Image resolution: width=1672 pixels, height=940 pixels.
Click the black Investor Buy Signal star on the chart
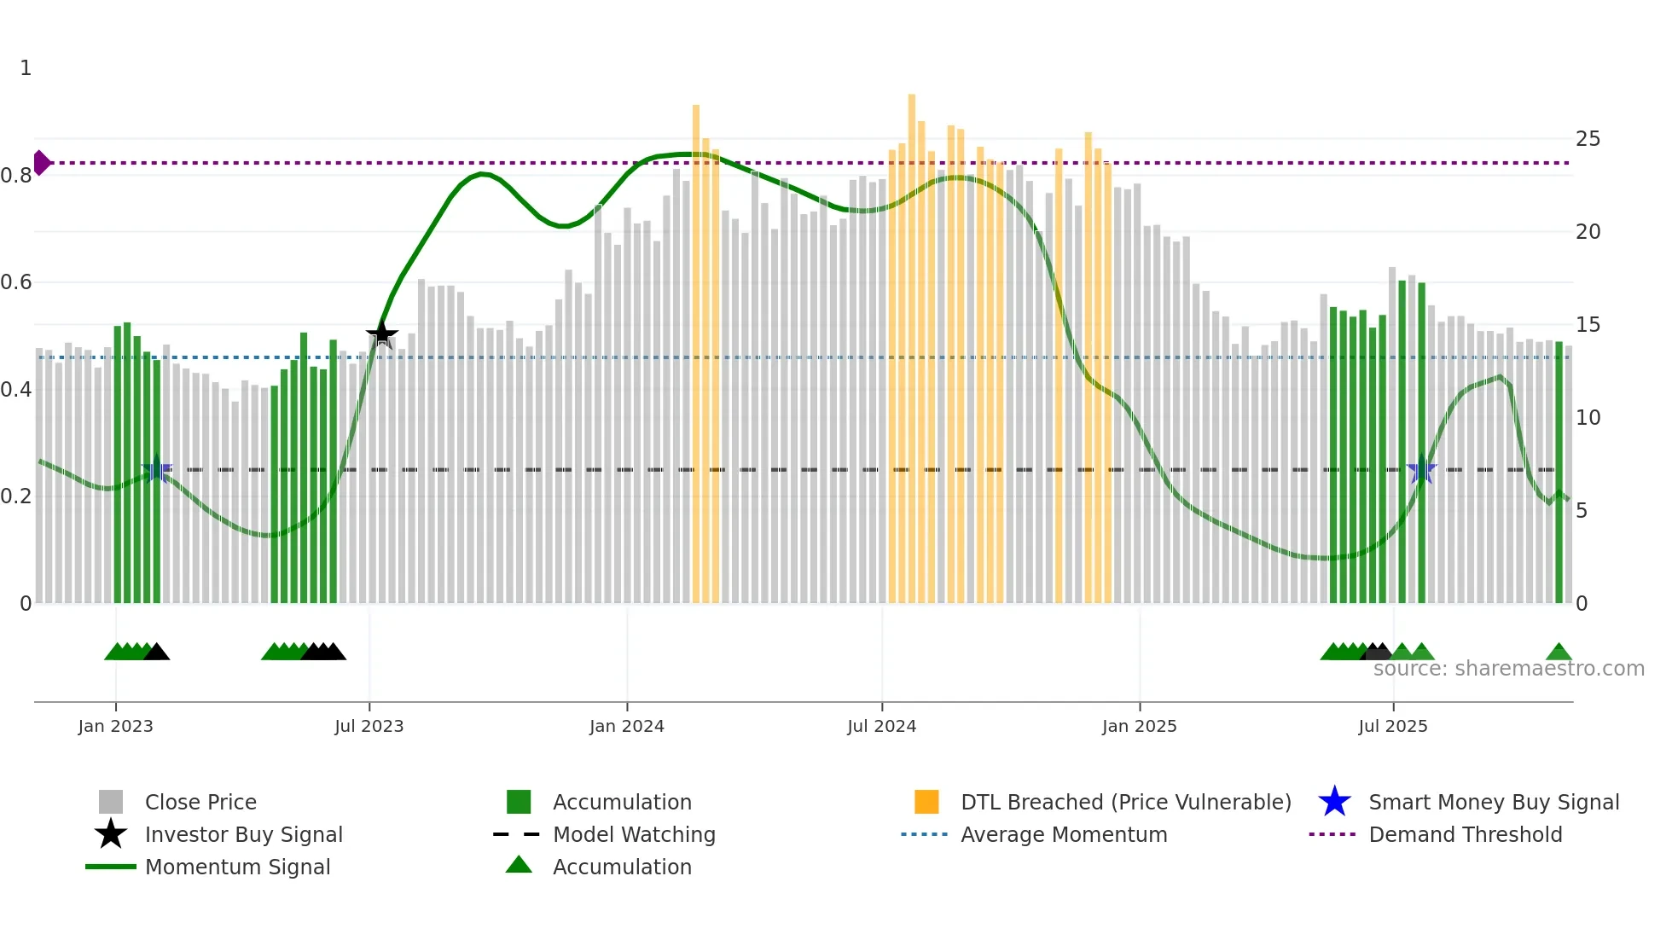coord(382,334)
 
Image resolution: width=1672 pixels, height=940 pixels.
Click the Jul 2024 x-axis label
coord(881,726)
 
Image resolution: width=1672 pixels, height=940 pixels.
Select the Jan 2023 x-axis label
coord(115,726)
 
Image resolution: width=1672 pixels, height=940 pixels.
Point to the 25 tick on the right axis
coord(1588,138)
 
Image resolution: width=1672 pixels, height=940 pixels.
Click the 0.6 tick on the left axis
coord(16,282)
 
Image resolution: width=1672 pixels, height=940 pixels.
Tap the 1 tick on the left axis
coord(26,68)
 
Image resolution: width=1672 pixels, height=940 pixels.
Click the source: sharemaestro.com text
coord(1508,669)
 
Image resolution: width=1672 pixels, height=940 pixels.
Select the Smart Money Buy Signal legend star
coord(1334,802)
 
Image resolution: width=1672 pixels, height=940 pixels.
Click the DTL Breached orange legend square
coord(926,802)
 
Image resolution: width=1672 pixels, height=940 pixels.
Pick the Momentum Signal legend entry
coord(237,867)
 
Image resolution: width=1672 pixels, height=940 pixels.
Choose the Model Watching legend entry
coord(634,834)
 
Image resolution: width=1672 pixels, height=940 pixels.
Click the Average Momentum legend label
coord(1064,834)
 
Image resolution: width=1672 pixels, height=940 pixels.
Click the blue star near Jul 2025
coord(1421,470)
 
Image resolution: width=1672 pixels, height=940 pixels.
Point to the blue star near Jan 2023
coord(156,470)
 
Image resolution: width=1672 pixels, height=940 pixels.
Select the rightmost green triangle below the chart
coord(1559,653)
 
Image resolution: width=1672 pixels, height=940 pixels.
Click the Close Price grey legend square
coord(111,802)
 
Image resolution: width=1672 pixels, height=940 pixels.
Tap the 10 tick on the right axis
coord(1588,418)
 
